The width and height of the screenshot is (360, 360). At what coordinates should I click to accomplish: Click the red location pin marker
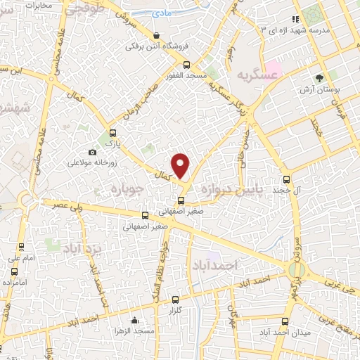181,165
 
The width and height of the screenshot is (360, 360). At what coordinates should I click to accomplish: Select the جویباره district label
127,189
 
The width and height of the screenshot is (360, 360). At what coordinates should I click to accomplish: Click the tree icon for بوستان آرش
320,78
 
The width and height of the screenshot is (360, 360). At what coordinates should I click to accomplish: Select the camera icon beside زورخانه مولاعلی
92,152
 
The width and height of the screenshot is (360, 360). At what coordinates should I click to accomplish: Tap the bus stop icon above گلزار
174,298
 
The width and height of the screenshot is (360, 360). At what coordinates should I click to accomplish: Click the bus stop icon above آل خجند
286,179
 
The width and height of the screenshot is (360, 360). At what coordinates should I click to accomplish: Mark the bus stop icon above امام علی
21,247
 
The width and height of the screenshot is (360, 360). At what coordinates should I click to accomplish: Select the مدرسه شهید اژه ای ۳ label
289,31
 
